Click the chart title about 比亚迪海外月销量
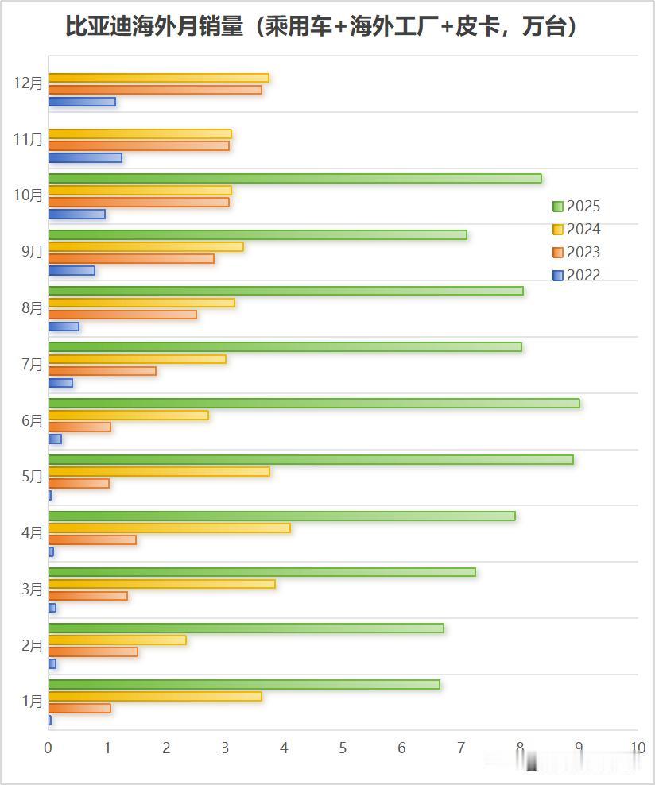[x=321, y=27]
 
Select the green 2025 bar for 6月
[x=314, y=403]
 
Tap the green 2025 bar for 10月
[x=295, y=178]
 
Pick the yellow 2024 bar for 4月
[x=169, y=528]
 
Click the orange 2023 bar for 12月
[x=155, y=90]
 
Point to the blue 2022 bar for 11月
[x=85, y=158]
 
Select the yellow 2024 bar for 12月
[x=159, y=78]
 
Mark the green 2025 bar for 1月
[x=244, y=684]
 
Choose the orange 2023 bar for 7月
[x=103, y=371]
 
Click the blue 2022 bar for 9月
[x=72, y=270]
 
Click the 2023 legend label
[x=583, y=253]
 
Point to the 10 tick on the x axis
[x=638, y=748]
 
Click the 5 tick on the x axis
[x=343, y=748]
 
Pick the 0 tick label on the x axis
[x=48, y=748]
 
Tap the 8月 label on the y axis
[x=33, y=308]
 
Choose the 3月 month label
[x=33, y=590]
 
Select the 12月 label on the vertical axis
[x=29, y=83]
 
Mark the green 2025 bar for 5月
[x=311, y=459]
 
